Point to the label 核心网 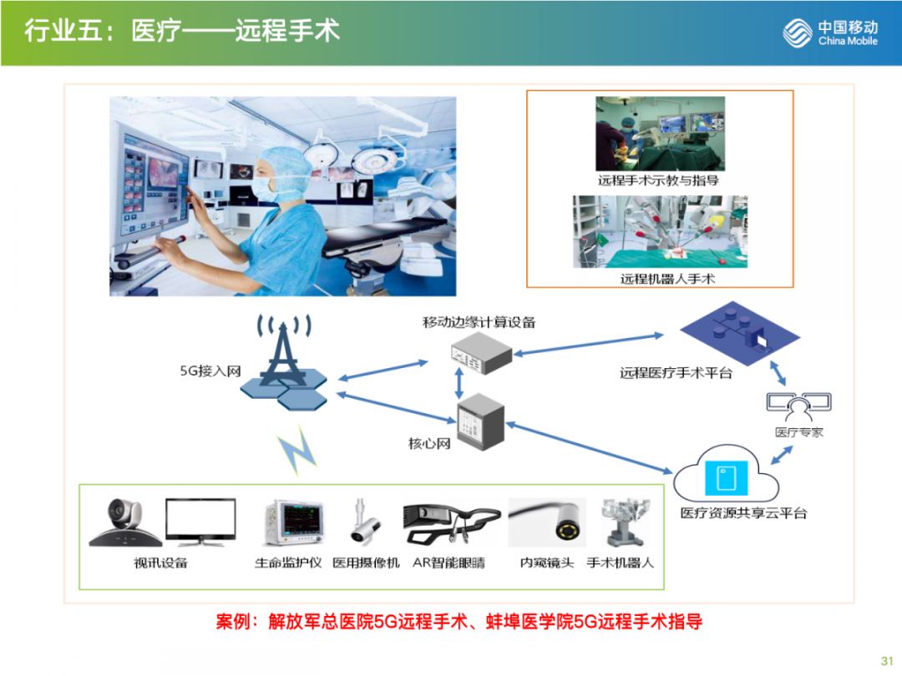(429, 444)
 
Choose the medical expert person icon (799, 406)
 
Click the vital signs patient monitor (292, 524)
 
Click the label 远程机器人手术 (667, 279)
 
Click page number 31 (886, 657)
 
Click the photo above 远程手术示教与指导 (660, 134)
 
